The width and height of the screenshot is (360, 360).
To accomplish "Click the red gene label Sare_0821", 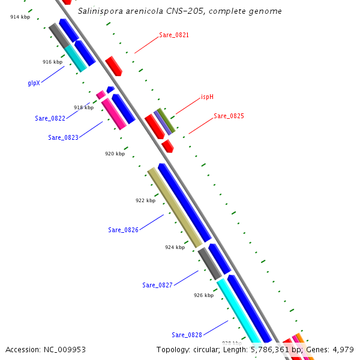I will [174, 35].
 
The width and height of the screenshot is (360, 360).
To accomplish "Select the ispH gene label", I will [207, 97].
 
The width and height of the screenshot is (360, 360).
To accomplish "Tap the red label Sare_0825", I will [229, 116].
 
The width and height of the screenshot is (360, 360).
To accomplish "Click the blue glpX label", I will [34, 83].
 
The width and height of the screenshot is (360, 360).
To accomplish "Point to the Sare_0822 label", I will [50, 118].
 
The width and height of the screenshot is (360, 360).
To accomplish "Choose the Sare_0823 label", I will [63, 137].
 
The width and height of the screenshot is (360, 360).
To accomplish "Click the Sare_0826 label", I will [123, 230].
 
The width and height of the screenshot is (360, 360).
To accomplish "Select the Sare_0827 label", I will [157, 285].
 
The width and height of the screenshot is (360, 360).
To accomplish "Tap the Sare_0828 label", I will [187, 335].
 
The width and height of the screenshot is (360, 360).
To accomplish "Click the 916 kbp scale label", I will [52, 62].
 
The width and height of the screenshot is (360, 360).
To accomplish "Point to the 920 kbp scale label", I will [115, 154].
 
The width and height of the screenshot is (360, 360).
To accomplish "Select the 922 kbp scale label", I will [145, 201].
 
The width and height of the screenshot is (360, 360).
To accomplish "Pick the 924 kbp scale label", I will [175, 247].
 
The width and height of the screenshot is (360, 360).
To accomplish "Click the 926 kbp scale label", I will [203, 295].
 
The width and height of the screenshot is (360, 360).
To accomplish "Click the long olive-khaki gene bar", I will [175, 208].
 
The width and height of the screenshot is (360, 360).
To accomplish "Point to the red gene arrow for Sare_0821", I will [113, 65].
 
